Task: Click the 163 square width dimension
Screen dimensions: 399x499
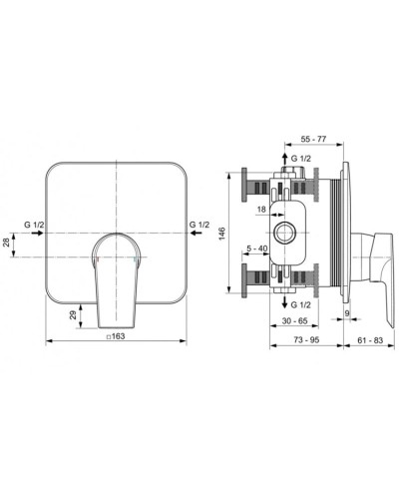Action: (116, 336)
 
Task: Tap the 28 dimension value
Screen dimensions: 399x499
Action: (6, 242)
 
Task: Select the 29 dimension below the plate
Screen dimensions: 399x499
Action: (73, 314)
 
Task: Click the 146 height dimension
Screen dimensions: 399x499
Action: (221, 234)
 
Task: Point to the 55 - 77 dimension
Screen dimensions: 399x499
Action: (313, 139)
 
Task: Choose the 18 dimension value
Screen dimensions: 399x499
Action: (261, 210)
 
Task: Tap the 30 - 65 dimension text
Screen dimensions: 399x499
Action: (294, 321)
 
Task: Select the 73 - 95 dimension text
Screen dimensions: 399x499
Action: (306, 340)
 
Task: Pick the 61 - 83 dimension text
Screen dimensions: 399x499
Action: (370, 340)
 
